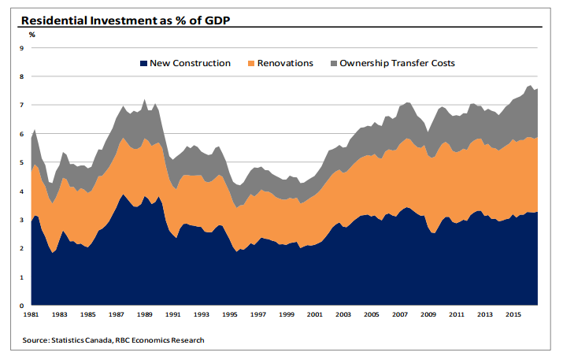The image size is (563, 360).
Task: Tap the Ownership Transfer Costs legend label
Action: click(398, 63)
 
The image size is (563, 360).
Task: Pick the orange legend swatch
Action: click(251, 63)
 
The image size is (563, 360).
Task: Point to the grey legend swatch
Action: click(333, 63)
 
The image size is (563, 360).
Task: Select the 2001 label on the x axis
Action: click(315, 316)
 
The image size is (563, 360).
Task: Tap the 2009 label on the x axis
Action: click(428, 316)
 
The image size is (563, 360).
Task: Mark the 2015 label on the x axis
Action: click(512, 316)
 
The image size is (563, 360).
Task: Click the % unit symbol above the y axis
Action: click(32, 35)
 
